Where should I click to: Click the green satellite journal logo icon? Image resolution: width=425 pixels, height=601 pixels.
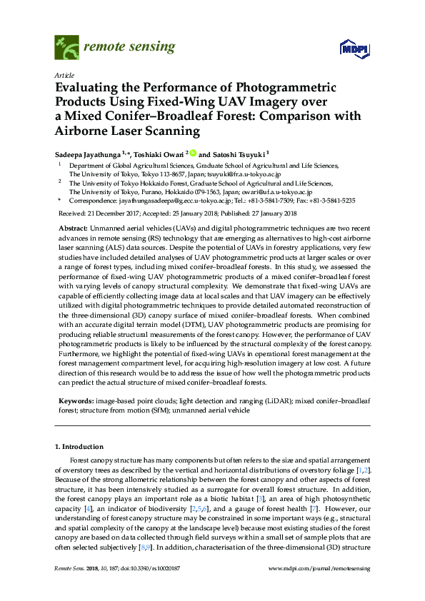pos(66,49)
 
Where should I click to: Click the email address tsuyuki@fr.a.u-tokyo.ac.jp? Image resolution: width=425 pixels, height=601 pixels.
pos(243,173)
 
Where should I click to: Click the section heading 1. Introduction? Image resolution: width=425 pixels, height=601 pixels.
pos(78,447)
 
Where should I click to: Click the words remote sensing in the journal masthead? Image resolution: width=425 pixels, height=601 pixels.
pos(130,47)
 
